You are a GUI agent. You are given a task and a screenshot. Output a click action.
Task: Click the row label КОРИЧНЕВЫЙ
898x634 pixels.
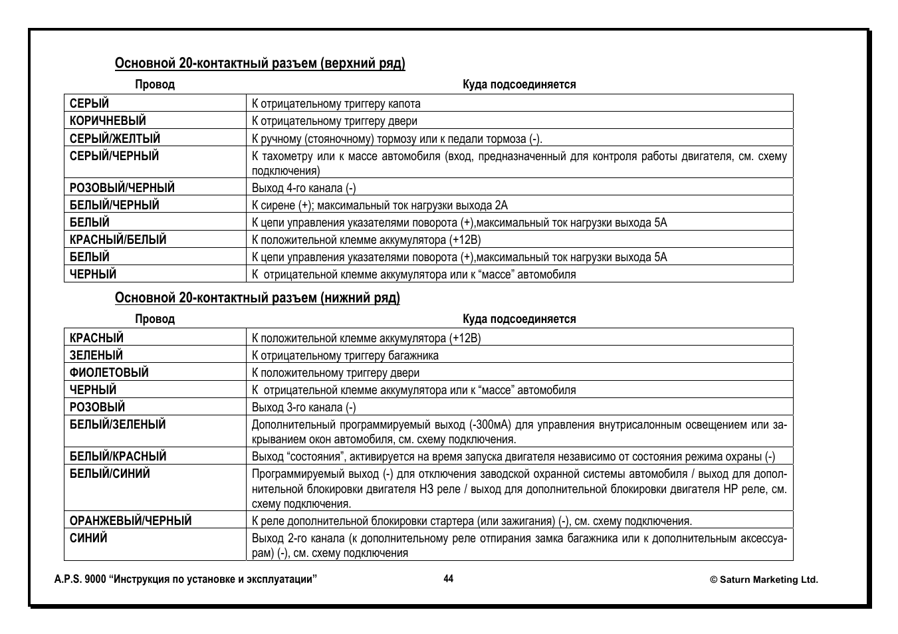(x=108, y=121)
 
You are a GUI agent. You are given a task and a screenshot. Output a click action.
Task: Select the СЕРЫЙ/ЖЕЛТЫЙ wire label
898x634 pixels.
(x=115, y=138)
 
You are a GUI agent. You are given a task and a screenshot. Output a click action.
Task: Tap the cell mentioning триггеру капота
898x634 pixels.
(x=336, y=104)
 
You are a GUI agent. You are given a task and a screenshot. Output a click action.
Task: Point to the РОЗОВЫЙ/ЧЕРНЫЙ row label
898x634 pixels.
(x=122, y=188)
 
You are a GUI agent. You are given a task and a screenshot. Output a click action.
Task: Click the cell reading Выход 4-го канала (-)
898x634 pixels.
(x=304, y=188)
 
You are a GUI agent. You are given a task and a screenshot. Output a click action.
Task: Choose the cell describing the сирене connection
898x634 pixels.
(x=380, y=205)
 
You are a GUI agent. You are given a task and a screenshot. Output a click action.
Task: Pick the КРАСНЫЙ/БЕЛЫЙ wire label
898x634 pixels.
(x=118, y=240)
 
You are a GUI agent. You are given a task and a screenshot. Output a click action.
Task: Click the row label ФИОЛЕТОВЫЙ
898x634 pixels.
(x=109, y=373)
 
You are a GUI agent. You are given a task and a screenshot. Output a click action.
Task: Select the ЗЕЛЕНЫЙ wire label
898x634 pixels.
(x=96, y=356)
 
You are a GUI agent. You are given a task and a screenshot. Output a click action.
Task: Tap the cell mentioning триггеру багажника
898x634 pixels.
(x=345, y=356)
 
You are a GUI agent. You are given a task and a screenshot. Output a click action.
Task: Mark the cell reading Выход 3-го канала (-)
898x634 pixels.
(x=304, y=407)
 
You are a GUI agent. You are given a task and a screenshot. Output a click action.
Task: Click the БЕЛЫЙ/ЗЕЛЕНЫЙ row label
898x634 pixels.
(x=118, y=425)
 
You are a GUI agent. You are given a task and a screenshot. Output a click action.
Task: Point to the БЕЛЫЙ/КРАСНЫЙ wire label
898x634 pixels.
(x=118, y=457)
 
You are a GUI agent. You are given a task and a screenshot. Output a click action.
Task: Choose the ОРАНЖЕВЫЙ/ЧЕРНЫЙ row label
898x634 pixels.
(x=130, y=521)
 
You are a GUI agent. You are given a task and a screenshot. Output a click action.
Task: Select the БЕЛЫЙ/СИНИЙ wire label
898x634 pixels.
(x=110, y=474)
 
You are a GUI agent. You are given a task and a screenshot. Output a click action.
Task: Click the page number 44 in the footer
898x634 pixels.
(x=449, y=579)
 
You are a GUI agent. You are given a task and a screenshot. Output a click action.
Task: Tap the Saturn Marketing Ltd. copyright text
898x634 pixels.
(x=764, y=580)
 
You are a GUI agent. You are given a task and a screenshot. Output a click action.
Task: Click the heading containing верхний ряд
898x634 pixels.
(x=260, y=64)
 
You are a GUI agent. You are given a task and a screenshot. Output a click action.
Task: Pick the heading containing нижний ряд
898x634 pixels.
(x=257, y=298)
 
